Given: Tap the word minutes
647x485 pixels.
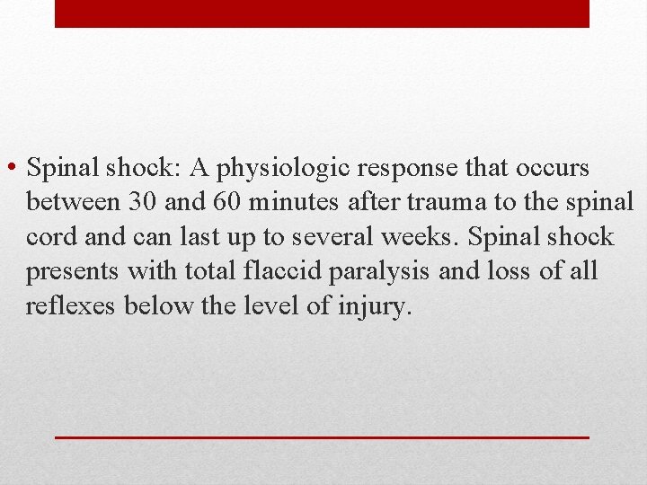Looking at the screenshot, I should [x=293, y=203].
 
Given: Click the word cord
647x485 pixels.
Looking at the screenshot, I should [x=53, y=238].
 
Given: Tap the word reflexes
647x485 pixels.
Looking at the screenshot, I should [x=71, y=307].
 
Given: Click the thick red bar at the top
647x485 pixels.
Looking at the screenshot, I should [x=322, y=13].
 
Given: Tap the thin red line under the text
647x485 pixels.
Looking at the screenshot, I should [x=322, y=436].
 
